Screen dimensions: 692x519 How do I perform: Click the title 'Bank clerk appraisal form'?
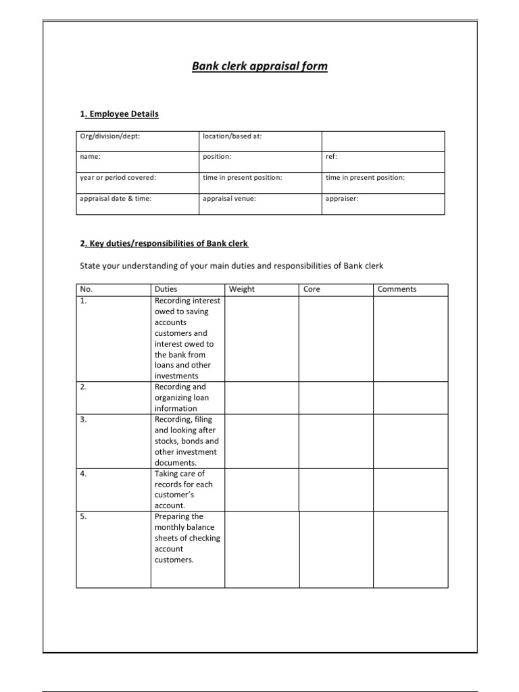(x=259, y=67)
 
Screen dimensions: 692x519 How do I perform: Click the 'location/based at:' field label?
(x=232, y=136)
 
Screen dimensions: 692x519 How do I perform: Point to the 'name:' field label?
(x=90, y=157)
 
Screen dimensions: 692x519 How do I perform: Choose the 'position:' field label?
(x=217, y=157)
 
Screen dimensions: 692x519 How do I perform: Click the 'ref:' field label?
(x=331, y=157)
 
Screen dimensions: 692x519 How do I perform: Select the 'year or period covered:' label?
(x=118, y=178)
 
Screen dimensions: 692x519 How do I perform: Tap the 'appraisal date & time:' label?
(x=116, y=199)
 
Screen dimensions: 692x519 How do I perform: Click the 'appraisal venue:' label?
(x=229, y=199)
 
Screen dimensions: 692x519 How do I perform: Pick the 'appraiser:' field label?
(x=342, y=199)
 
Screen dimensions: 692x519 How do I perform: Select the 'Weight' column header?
(x=242, y=289)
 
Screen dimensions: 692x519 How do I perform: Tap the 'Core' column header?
(x=312, y=289)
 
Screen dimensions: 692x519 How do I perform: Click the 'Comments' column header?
(x=397, y=289)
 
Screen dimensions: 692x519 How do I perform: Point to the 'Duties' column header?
(x=166, y=289)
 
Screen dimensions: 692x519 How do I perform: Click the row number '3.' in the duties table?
(x=84, y=420)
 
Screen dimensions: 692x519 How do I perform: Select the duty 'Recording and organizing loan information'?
(x=180, y=397)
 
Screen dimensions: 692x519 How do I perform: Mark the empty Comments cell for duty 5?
(x=410, y=548)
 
